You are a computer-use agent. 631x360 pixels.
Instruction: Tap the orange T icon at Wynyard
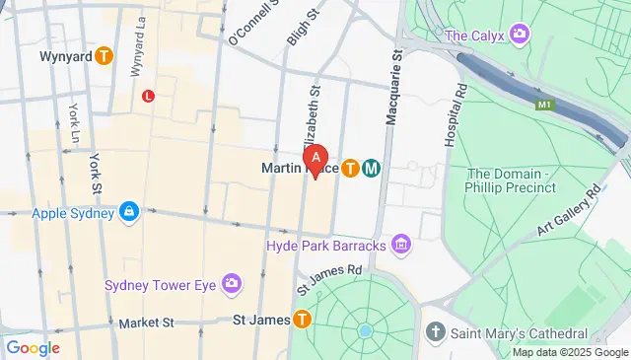click(104, 56)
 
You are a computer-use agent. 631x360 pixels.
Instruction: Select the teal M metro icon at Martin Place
click(372, 169)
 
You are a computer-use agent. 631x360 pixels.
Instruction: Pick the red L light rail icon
click(149, 96)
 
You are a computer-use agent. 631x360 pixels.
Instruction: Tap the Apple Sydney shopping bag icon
click(128, 212)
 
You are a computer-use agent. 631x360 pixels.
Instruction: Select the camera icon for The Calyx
click(519, 36)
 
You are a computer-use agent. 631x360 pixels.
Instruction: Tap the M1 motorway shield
click(544, 102)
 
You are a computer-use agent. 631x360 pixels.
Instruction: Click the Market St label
click(146, 322)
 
